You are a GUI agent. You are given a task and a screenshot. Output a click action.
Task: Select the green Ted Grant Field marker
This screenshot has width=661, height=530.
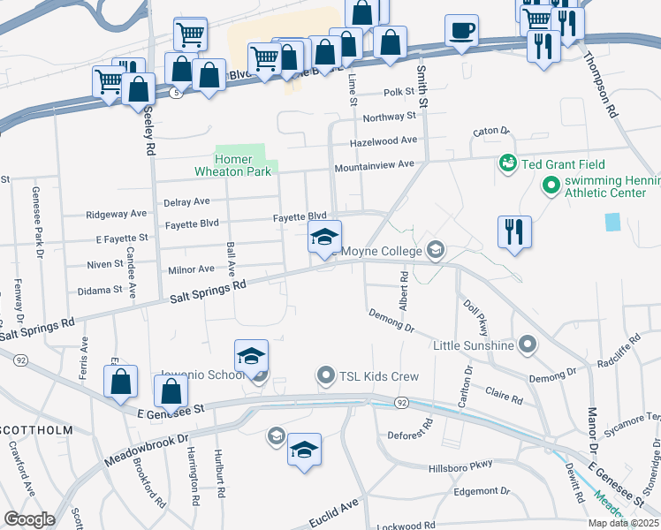(x=508, y=163)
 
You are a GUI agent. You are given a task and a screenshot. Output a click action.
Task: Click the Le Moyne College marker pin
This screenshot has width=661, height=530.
(x=434, y=251)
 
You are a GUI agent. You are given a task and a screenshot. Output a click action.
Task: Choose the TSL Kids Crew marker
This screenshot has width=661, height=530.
(x=326, y=376)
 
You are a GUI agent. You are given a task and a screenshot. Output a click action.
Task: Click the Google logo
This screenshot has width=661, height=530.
(x=29, y=519)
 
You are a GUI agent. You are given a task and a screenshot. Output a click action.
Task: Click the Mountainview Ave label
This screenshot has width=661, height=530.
(x=374, y=165)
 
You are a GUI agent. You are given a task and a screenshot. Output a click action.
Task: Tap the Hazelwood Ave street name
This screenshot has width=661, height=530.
(x=383, y=140)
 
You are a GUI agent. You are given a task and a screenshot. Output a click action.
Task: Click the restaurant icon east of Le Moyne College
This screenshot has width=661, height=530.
(x=514, y=232)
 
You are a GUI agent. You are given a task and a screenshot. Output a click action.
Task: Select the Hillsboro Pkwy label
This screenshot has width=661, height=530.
(x=460, y=468)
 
